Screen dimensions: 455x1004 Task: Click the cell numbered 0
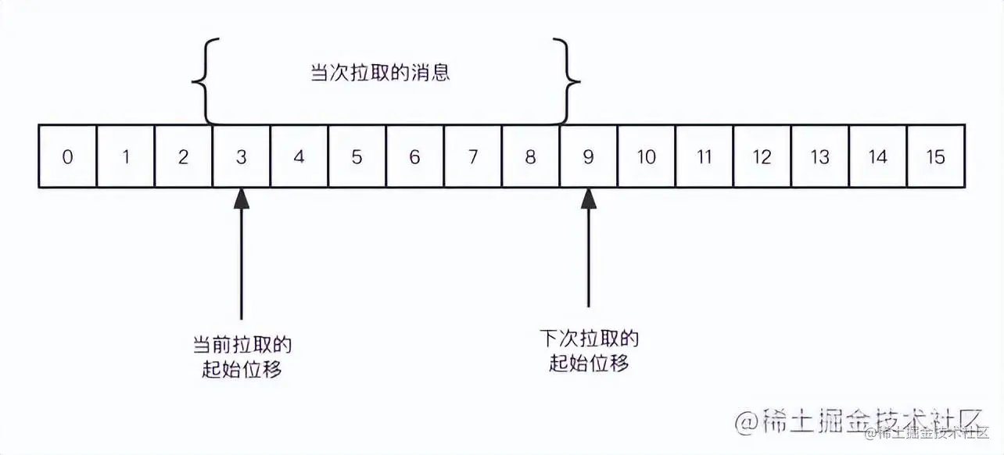pos(68,156)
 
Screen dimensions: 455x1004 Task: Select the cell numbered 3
pos(242,156)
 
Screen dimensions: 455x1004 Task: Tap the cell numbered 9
pos(588,156)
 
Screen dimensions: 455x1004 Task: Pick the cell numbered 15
pos(935,156)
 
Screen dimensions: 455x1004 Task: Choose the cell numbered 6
pos(414,156)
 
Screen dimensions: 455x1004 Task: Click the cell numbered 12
pos(762,156)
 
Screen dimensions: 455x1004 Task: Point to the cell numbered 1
pos(126,156)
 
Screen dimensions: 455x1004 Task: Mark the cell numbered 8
pos(530,156)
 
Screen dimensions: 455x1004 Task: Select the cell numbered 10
pos(646,156)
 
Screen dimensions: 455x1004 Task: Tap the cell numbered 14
pos(877,156)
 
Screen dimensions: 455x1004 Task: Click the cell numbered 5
pos(357,156)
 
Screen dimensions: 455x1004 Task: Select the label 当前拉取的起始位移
pos(242,356)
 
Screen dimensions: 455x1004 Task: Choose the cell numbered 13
pos(819,156)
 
